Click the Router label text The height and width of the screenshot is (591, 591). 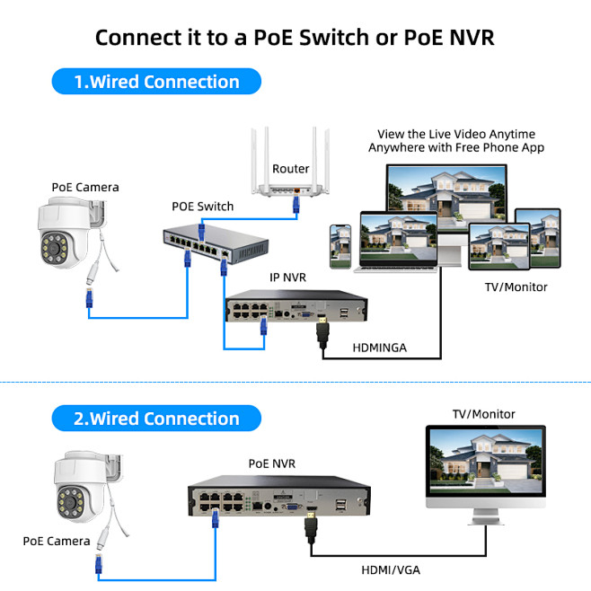coord(290,169)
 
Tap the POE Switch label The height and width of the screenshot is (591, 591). coord(202,207)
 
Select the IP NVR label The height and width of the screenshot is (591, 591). coord(288,278)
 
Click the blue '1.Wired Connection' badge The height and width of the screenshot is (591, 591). coord(156,82)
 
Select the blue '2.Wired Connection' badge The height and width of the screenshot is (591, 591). coord(156,419)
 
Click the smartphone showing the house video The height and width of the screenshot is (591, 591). coord(340,244)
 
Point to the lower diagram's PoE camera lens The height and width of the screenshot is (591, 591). coord(69,499)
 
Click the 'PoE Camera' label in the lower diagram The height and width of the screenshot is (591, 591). coord(56,542)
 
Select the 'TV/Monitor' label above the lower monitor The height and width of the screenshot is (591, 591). coord(483,414)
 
